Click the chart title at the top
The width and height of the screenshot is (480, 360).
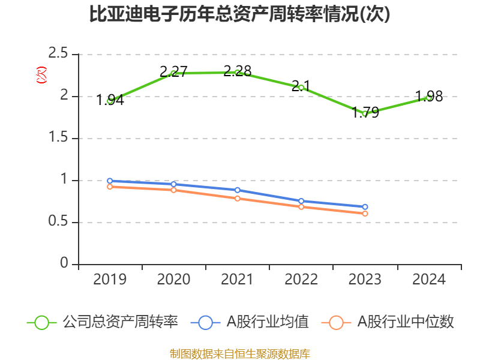pyautogui.click(x=239, y=14)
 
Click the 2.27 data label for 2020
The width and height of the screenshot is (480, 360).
pyautogui.click(x=174, y=72)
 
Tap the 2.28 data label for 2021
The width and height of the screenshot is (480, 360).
pyautogui.click(x=238, y=71)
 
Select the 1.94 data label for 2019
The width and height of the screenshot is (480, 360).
pyautogui.click(x=110, y=100)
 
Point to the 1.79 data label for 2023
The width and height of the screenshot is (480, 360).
pyautogui.click(x=365, y=112)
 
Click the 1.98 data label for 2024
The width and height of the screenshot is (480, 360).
pyautogui.click(x=429, y=97)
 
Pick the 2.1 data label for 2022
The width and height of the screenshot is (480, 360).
pyautogui.click(x=301, y=86)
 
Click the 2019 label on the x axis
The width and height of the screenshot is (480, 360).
pyautogui.click(x=110, y=280)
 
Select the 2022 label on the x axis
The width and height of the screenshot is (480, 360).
pyautogui.click(x=301, y=280)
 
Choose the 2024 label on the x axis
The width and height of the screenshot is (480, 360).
pyautogui.click(x=429, y=280)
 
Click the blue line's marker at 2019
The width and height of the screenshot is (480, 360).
pyautogui.click(x=110, y=181)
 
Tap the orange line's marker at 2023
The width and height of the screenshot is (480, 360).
pyautogui.click(x=365, y=214)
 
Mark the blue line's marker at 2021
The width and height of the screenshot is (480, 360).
pyautogui.click(x=238, y=190)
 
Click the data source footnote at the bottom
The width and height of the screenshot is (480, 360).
pyautogui.click(x=239, y=353)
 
